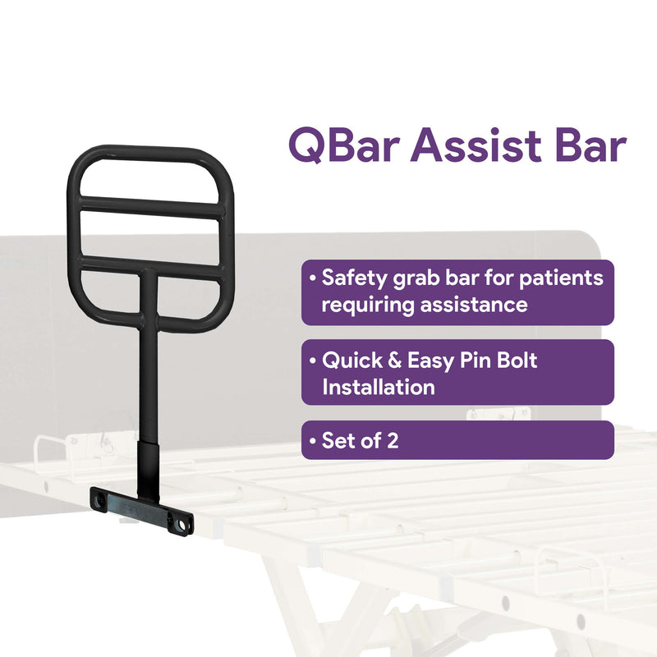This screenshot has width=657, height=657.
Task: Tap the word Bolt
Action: tap(514, 360)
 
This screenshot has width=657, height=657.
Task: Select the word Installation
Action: tap(379, 388)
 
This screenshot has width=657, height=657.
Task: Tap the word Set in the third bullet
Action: tap(339, 440)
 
